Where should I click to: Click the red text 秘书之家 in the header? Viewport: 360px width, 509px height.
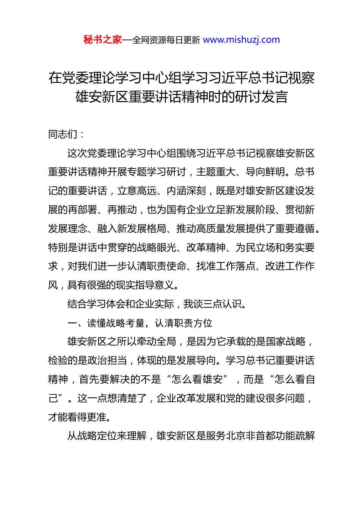click(103, 40)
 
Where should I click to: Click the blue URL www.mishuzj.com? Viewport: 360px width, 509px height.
click(241, 40)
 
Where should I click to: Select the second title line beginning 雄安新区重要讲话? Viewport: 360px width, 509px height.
click(182, 97)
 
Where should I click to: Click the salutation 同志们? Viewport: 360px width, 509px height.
click(63, 134)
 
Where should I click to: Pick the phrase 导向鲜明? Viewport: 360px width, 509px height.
click(265, 172)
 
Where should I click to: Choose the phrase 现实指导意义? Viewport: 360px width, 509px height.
click(147, 285)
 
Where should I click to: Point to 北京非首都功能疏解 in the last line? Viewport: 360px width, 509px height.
click(270, 436)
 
